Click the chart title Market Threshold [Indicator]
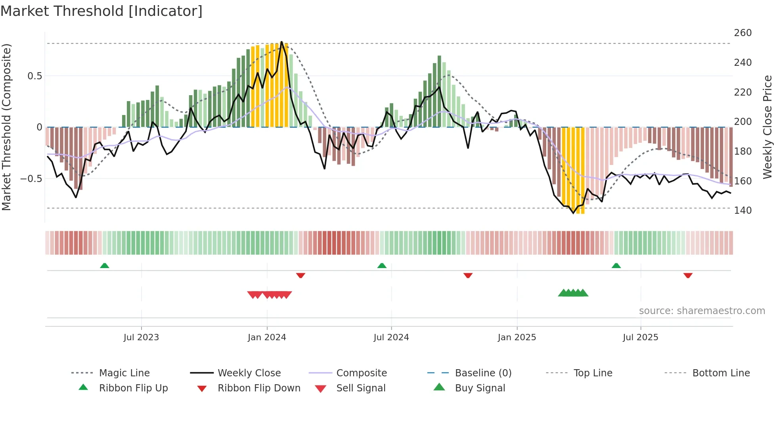[x=101, y=11]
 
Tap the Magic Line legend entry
[x=124, y=373]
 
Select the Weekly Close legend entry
[x=249, y=373]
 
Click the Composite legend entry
[x=361, y=373]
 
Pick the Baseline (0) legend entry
[x=483, y=373]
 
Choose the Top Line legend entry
[x=593, y=373]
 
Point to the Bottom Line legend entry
[x=721, y=373]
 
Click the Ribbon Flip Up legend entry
[x=133, y=388]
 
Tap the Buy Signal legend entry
[x=480, y=388]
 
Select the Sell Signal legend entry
[x=361, y=388]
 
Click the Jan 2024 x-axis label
[x=267, y=337]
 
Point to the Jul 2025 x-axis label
[x=640, y=337]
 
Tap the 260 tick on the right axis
[x=743, y=33]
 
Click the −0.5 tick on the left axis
[x=31, y=178]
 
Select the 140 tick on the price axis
[x=743, y=210]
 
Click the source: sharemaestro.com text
[x=702, y=310]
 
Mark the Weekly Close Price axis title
[x=767, y=127]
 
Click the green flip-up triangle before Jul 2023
[x=105, y=265]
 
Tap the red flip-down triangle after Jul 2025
[x=688, y=275]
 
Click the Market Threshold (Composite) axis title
[x=6, y=127]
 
